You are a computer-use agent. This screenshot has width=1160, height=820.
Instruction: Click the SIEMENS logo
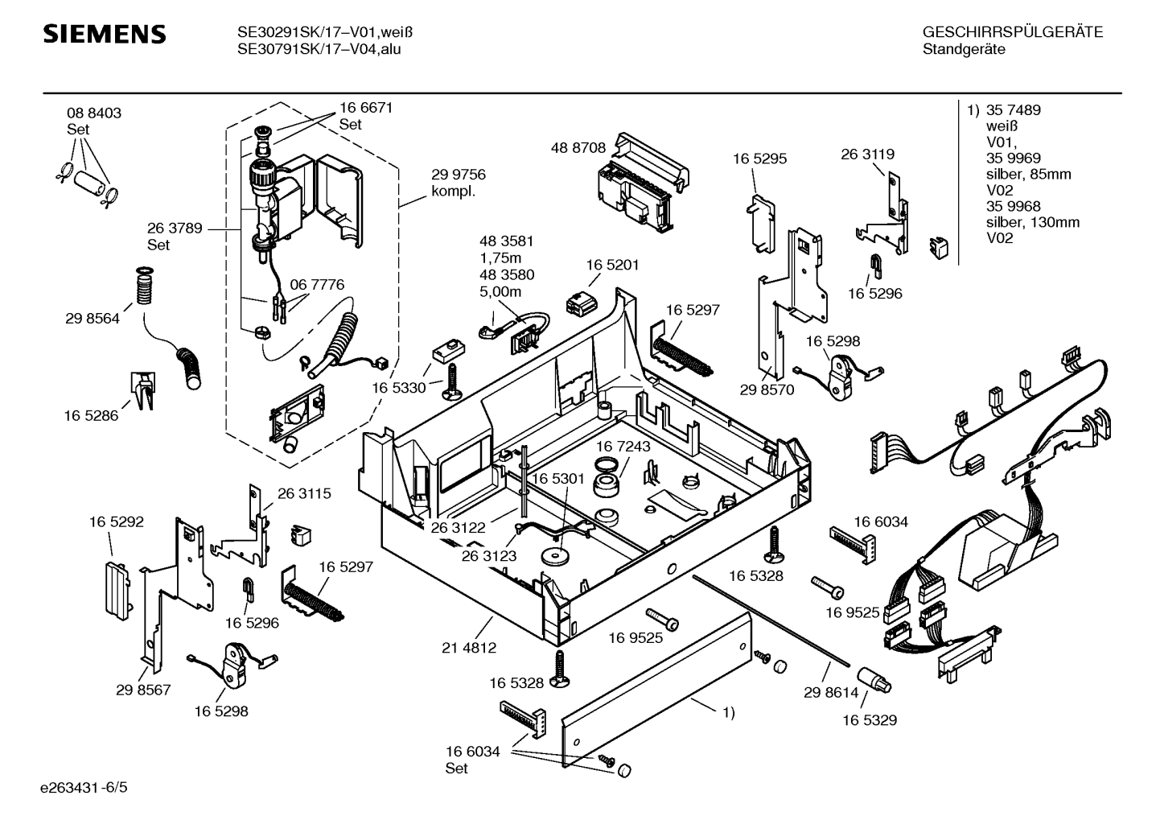pyautogui.click(x=104, y=35)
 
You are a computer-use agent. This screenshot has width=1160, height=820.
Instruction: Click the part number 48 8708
pyautogui.click(x=578, y=148)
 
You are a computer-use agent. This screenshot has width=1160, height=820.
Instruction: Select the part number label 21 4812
pyautogui.click(x=468, y=647)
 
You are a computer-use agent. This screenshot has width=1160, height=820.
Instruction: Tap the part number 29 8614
pyautogui.click(x=831, y=692)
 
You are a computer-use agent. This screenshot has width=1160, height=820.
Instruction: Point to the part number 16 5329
pyautogui.click(x=870, y=720)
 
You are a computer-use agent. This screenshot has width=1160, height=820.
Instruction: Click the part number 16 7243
pyautogui.click(x=623, y=446)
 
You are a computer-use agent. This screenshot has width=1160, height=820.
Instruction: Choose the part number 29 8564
pyautogui.click(x=93, y=319)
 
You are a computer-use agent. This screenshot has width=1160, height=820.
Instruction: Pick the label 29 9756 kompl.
pyautogui.click(x=458, y=183)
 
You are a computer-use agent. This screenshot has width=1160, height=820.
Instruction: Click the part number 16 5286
pyautogui.click(x=91, y=416)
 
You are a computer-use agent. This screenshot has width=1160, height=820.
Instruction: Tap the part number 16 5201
pyautogui.click(x=612, y=265)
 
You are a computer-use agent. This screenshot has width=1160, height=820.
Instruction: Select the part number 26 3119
pyautogui.click(x=867, y=154)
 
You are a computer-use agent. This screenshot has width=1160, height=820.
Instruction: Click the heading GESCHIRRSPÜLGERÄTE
pyautogui.click(x=1012, y=32)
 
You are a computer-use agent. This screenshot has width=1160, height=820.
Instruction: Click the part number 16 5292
pyautogui.click(x=116, y=522)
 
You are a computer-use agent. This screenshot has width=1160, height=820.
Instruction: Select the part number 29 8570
pyautogui.click(x=767, y=389)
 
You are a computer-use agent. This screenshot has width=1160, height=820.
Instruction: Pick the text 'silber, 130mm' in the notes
pyautogui.click(x=1032, y=222)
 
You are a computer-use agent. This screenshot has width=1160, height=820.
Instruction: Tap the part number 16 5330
pyautogui.click(x=398, y=388)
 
